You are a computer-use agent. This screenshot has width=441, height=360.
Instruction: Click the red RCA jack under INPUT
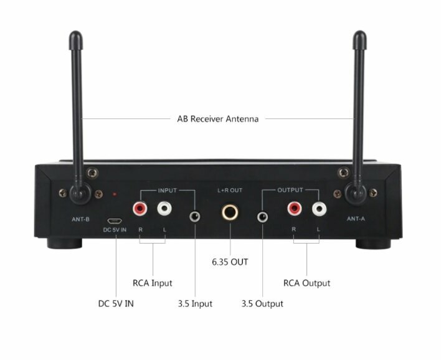[x=140, y=209]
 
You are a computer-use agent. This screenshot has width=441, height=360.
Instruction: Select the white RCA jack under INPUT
[x=164, y=209]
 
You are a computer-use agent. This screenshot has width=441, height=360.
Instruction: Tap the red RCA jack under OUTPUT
[x=295, y=209]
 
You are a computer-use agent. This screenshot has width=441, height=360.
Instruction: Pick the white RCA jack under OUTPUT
[x=319, y=209]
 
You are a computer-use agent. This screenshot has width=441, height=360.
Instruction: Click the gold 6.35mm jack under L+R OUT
[x=230, y=212]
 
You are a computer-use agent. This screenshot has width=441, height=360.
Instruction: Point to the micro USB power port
[x=114, y=220]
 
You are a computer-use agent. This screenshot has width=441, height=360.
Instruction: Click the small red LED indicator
[x=115, y=194]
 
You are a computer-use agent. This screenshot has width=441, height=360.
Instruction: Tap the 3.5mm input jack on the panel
[x=194, y=217]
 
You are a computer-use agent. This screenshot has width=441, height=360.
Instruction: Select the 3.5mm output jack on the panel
[x=262, y=217]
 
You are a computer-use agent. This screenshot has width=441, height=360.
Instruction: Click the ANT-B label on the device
[x=81, y=219]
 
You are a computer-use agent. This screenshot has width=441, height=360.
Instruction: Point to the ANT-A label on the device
[x=356, y=219]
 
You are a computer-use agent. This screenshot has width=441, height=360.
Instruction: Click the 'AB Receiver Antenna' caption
[x=217, y=119]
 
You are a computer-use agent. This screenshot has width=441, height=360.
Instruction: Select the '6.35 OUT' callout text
[x=230, y=262]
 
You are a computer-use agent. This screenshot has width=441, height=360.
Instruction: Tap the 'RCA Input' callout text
[x=153, y=283]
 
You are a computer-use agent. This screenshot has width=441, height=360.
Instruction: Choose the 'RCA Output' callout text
[x=306, y=283]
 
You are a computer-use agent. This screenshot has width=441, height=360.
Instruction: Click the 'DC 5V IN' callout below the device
[x=116, y=304]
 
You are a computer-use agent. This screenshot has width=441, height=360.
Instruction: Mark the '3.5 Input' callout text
[x=195, y=304]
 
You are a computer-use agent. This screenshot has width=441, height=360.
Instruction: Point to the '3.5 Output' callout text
[x=262, y=304]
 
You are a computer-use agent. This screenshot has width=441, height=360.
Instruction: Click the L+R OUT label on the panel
[x=230, y=191]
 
